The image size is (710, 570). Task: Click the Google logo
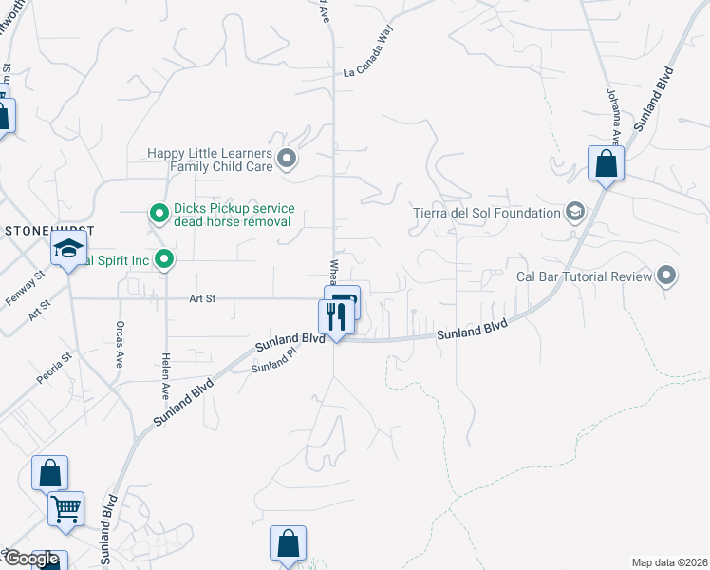[x=30, y=559]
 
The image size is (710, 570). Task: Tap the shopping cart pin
[x=65, y=509]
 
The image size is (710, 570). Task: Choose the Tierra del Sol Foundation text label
[x=487, y=212]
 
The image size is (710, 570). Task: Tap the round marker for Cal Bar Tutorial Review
[x=666, y=275]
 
